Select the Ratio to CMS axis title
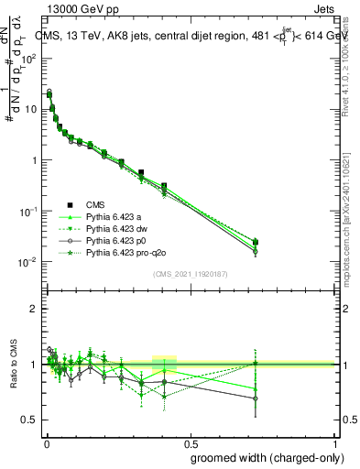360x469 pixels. coord(14,364)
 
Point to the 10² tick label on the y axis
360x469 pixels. coord(30,59)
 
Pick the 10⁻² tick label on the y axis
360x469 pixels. coord(29,262)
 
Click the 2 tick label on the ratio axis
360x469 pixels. coord(34,309)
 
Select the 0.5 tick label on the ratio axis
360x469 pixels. coord(29,420)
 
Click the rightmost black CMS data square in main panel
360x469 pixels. coord(255,242)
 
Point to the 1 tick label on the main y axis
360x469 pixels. coord(35,160)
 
